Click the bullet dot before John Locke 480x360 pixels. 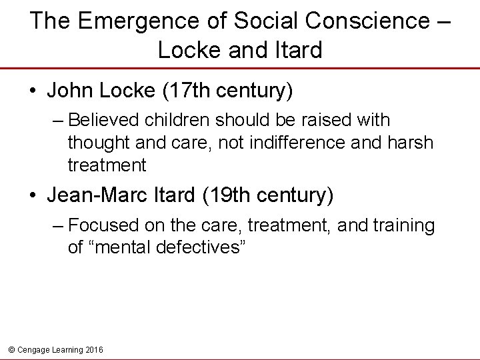point(33,91)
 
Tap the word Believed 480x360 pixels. point(108,121)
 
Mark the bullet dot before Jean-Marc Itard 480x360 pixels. point(33,197)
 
